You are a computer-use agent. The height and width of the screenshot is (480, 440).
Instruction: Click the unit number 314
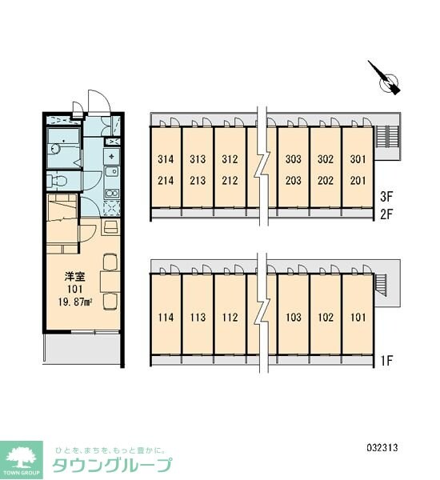[x=166, y=159]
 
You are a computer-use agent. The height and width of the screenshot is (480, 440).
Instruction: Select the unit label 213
[x=198, y=180]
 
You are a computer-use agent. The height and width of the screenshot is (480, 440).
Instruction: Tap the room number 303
[x=294, y=159]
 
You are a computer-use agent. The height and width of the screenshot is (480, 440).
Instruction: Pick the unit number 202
[x=325, y=180]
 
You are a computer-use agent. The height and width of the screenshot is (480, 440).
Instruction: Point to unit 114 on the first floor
[x=166, y=317]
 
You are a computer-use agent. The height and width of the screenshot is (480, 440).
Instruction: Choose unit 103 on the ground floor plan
[x=294, y=317]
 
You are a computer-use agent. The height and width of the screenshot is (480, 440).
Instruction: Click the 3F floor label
[x=386, y=197]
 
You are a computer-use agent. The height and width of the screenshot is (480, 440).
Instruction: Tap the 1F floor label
[x=386, y=361]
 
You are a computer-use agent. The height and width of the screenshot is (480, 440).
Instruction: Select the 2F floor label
[x=386, y=214]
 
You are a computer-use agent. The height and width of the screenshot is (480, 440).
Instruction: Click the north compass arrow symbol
[x=385, y=78]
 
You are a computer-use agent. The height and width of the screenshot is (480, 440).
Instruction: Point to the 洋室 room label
[x=74, y=277]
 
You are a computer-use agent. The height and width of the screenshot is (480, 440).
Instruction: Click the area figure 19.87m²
[x=75, y=302]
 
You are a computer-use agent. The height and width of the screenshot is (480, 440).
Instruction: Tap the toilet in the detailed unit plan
[x=58, y=180]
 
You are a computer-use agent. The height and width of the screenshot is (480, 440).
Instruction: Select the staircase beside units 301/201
[x=386, y=136]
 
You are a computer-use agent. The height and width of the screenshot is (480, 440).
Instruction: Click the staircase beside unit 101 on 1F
[x=382, y=284]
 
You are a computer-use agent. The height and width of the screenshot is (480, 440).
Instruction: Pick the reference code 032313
[x=382, y=448]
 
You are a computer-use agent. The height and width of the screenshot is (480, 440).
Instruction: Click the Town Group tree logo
[x=22, y=460]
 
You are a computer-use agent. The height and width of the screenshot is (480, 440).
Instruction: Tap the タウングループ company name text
[x=112, y=466]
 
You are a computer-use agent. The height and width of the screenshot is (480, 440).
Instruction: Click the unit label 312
[x=230, y=159]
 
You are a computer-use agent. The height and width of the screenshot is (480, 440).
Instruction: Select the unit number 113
[x=198, y=317]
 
